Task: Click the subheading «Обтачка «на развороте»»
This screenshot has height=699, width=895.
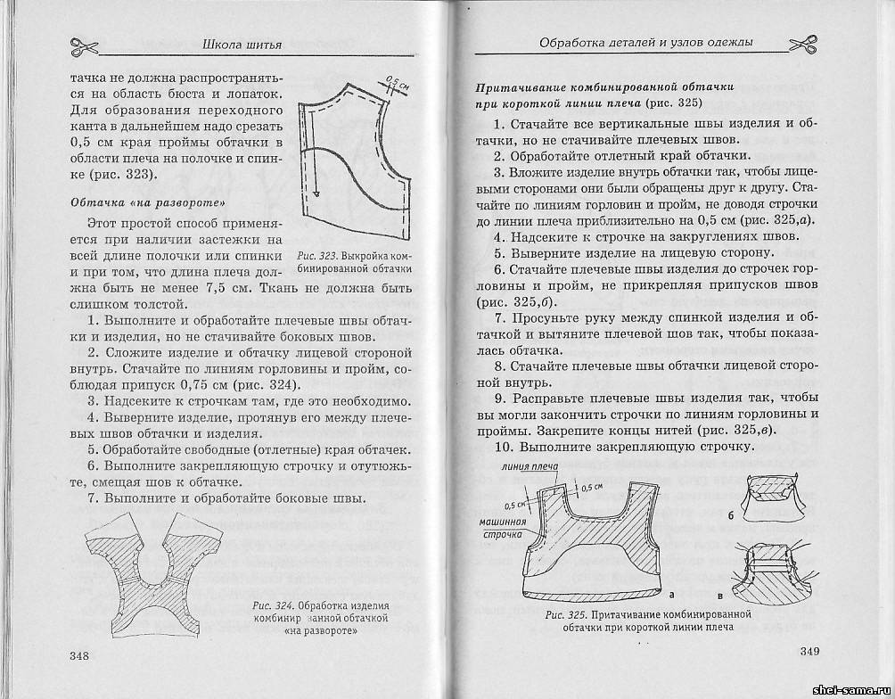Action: coord(134,202)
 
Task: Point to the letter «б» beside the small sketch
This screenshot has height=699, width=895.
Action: coord(730,515)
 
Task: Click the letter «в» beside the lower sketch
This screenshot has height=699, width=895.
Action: coord(719,594)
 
